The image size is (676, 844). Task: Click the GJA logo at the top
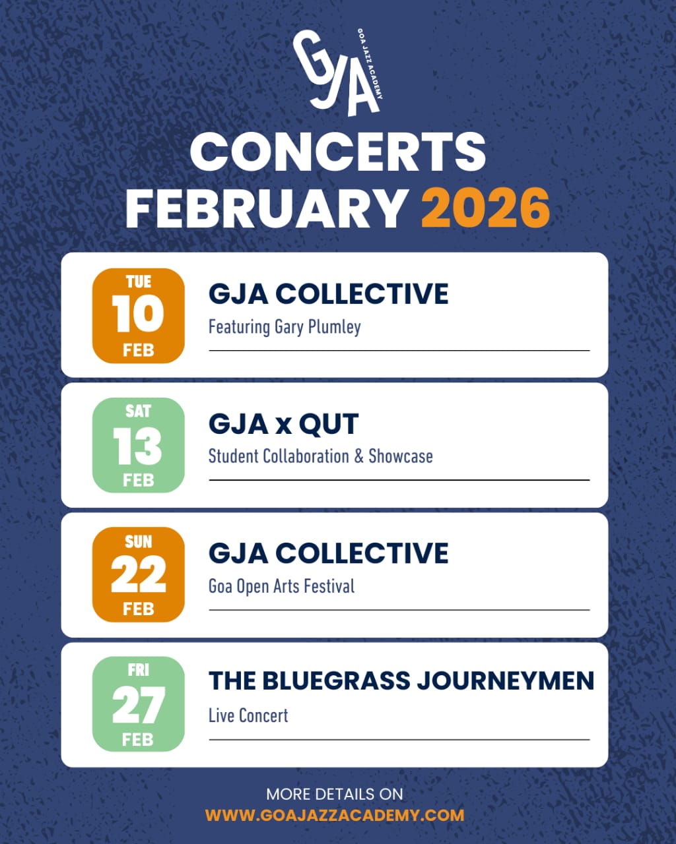coord(338,73)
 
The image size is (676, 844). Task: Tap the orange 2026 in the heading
coord(485,208)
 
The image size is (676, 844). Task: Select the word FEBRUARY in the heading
coord(266,208)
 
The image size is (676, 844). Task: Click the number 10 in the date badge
coord(138,314)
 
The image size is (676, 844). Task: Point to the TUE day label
coord(138,282)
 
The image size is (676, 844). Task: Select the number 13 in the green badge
coord(137,446)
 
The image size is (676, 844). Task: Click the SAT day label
coord(138,411)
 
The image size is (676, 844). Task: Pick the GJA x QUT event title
coord(284,424)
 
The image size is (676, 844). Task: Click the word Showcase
coord(401,456)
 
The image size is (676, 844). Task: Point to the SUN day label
coord(138,542)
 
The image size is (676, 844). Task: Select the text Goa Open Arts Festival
coord(282,587)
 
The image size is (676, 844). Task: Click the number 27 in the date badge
coord(138,705)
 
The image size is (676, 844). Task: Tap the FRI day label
coord(138,671)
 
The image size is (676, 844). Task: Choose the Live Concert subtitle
coord(248,715)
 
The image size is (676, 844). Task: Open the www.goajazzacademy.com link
coord(335,816)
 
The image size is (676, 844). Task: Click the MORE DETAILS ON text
coord(335,794)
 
